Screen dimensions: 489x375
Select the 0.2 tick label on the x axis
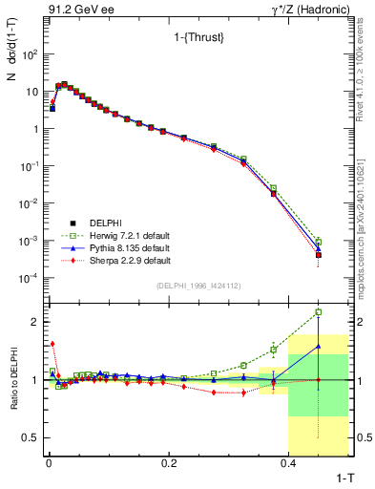pyautogui.click(x=169, y=463)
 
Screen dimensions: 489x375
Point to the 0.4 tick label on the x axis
pyautogui.click(x=288, y=463)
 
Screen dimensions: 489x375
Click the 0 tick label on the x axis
pyautogui.click(x=49, y=463)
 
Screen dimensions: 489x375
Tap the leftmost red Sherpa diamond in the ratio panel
pyautogui.click(x=52, y=344)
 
